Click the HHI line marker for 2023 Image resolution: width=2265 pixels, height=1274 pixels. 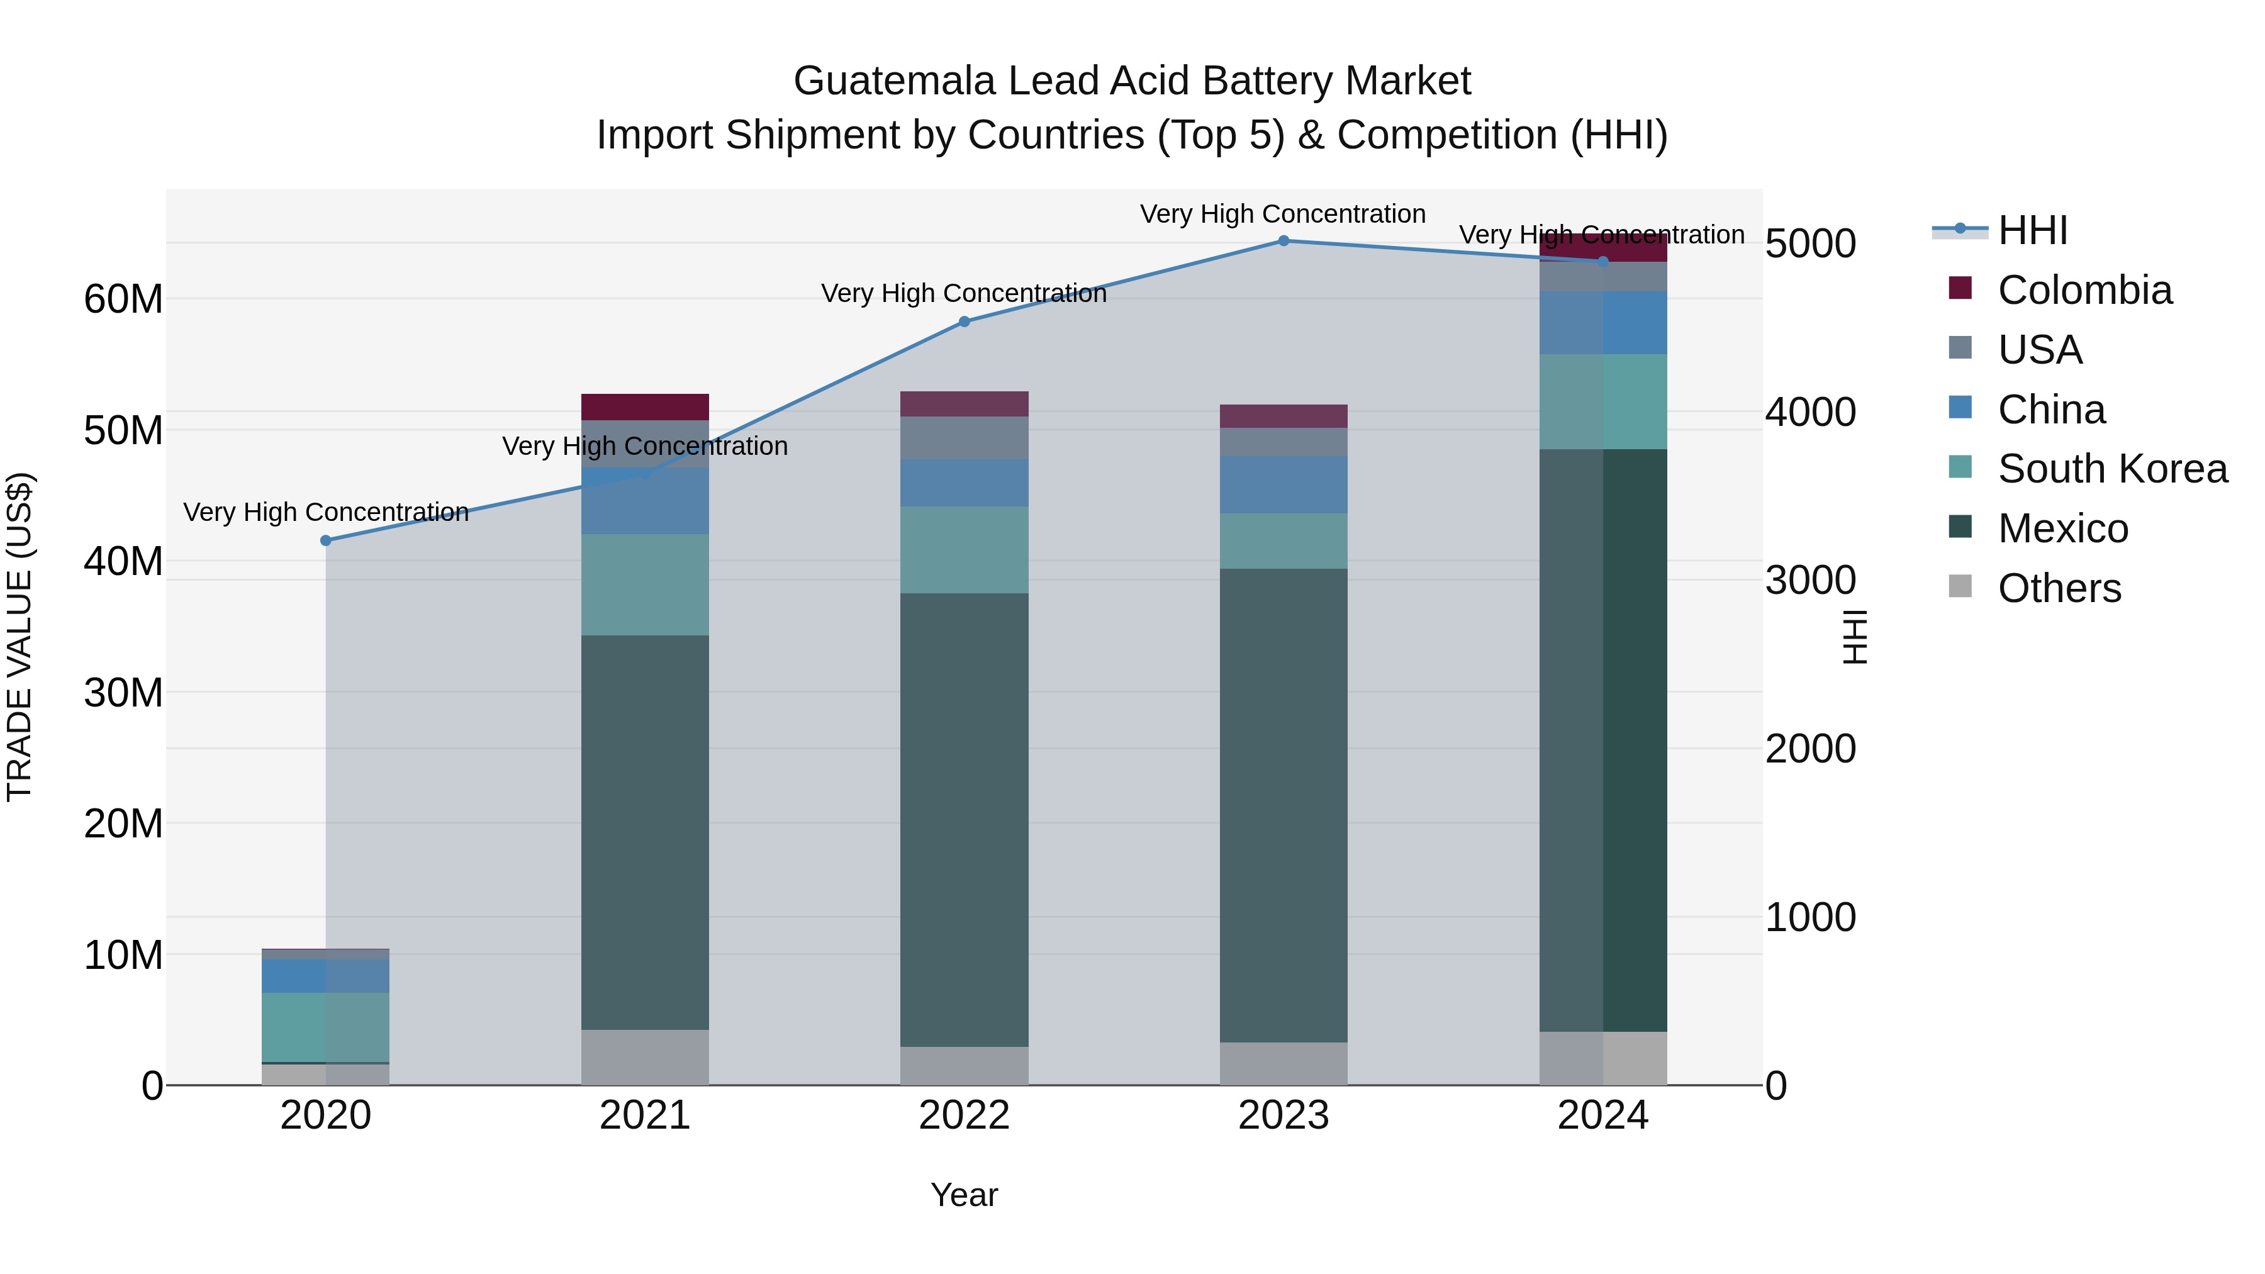[x=1283, y=241]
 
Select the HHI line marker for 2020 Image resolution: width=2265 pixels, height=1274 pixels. [x=325, y=540]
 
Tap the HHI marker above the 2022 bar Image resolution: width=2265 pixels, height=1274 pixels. [x=964, y=321]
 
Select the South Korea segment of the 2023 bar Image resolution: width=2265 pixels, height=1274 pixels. [x=1283, y=540]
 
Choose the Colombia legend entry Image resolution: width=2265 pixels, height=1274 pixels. [x=2084, y=290]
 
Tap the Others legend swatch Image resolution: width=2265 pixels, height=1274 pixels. [x=1960, y=586]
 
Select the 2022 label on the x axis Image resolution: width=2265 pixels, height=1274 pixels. [x=964, y=1115]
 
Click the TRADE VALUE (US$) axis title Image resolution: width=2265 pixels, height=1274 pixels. [x=20, y=637]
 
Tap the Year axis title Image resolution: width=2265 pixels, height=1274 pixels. [x=964, y=1195]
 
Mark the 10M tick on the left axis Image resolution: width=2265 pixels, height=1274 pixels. [x=123, y=956]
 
